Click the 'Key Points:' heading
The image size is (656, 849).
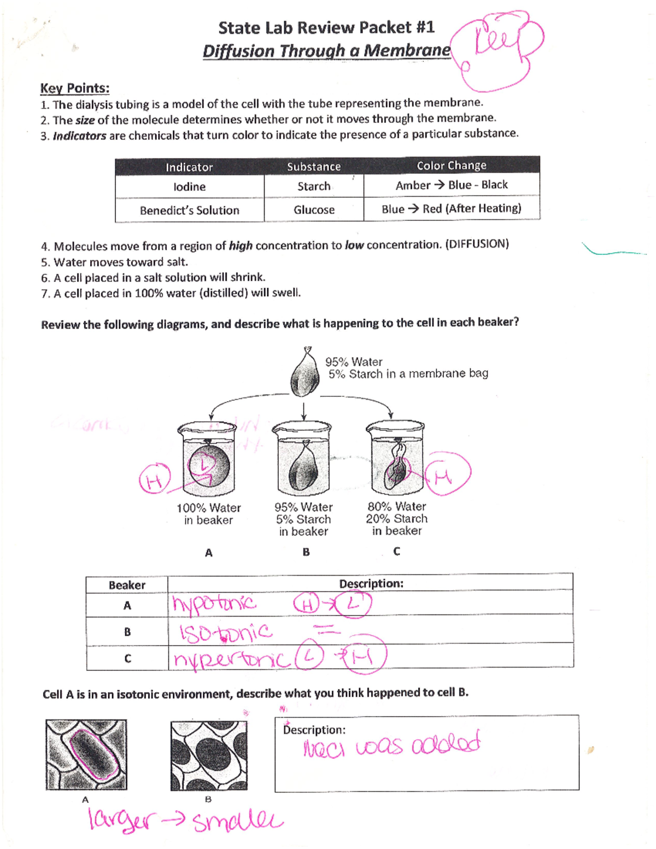point(74,88)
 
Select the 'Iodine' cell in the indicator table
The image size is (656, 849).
point(189,187)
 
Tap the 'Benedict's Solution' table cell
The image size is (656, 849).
point(189,210)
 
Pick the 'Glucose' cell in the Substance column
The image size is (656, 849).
point(314,210)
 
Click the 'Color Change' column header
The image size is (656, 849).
point(451,166)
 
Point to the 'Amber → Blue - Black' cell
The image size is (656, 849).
point(452,185)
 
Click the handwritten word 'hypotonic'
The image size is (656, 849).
point(214,604)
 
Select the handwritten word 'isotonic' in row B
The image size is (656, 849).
point(226,633)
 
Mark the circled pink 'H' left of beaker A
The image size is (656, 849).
point(154,481)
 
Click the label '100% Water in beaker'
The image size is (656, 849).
point(208,514)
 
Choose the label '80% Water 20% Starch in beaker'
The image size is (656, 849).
point(396,519)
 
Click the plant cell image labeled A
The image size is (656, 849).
point(86,754)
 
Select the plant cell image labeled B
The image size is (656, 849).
point(209,756)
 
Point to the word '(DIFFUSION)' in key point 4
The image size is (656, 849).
point(477,244)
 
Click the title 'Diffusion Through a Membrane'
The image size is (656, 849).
point(326,51)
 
